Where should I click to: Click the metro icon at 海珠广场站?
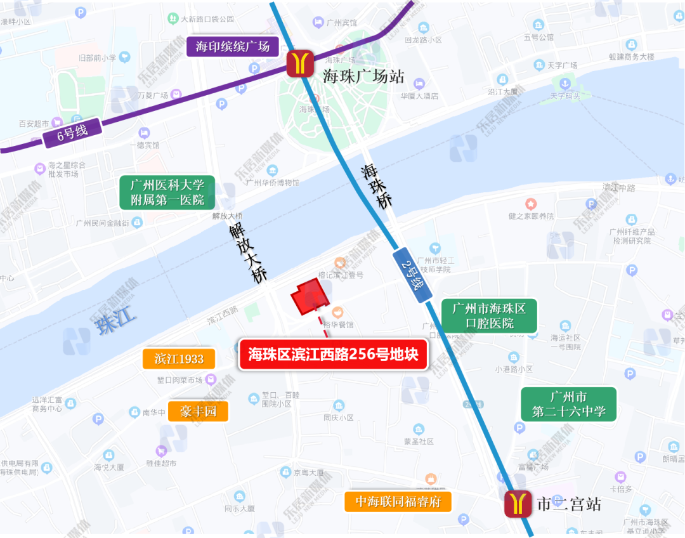pyautogui.click(x=301, y=63)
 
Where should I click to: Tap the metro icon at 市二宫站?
pyautogui.click(x=518, y=504)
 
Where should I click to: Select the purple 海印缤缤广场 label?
pyautogui.click(x=233, y=46)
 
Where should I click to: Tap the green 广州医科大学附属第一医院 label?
pyautogui.click(x=167, y=192)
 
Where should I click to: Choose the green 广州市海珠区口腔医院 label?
pyautogui.click(x=489, y=316)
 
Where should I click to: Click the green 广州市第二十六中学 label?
pyautogui.click(x=569, y=404)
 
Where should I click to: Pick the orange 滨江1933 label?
pyautogui.click(x=179, y=359)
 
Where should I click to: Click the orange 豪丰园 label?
pyautogui.click(x=198, y=411)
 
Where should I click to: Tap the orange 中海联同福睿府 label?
pyautogui.click(x=398, y=502)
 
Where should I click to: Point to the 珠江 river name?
pyautogui.click(x=115, y=322)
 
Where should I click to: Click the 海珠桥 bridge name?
pyautogui.click(x=377, y=187)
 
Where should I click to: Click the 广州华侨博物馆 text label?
pyautogui.click(x=272, y=183)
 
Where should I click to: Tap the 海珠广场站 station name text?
pyautogui.click(x=363, y=77)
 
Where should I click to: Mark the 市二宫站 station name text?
pyautogui.click(x=568, y=505)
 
